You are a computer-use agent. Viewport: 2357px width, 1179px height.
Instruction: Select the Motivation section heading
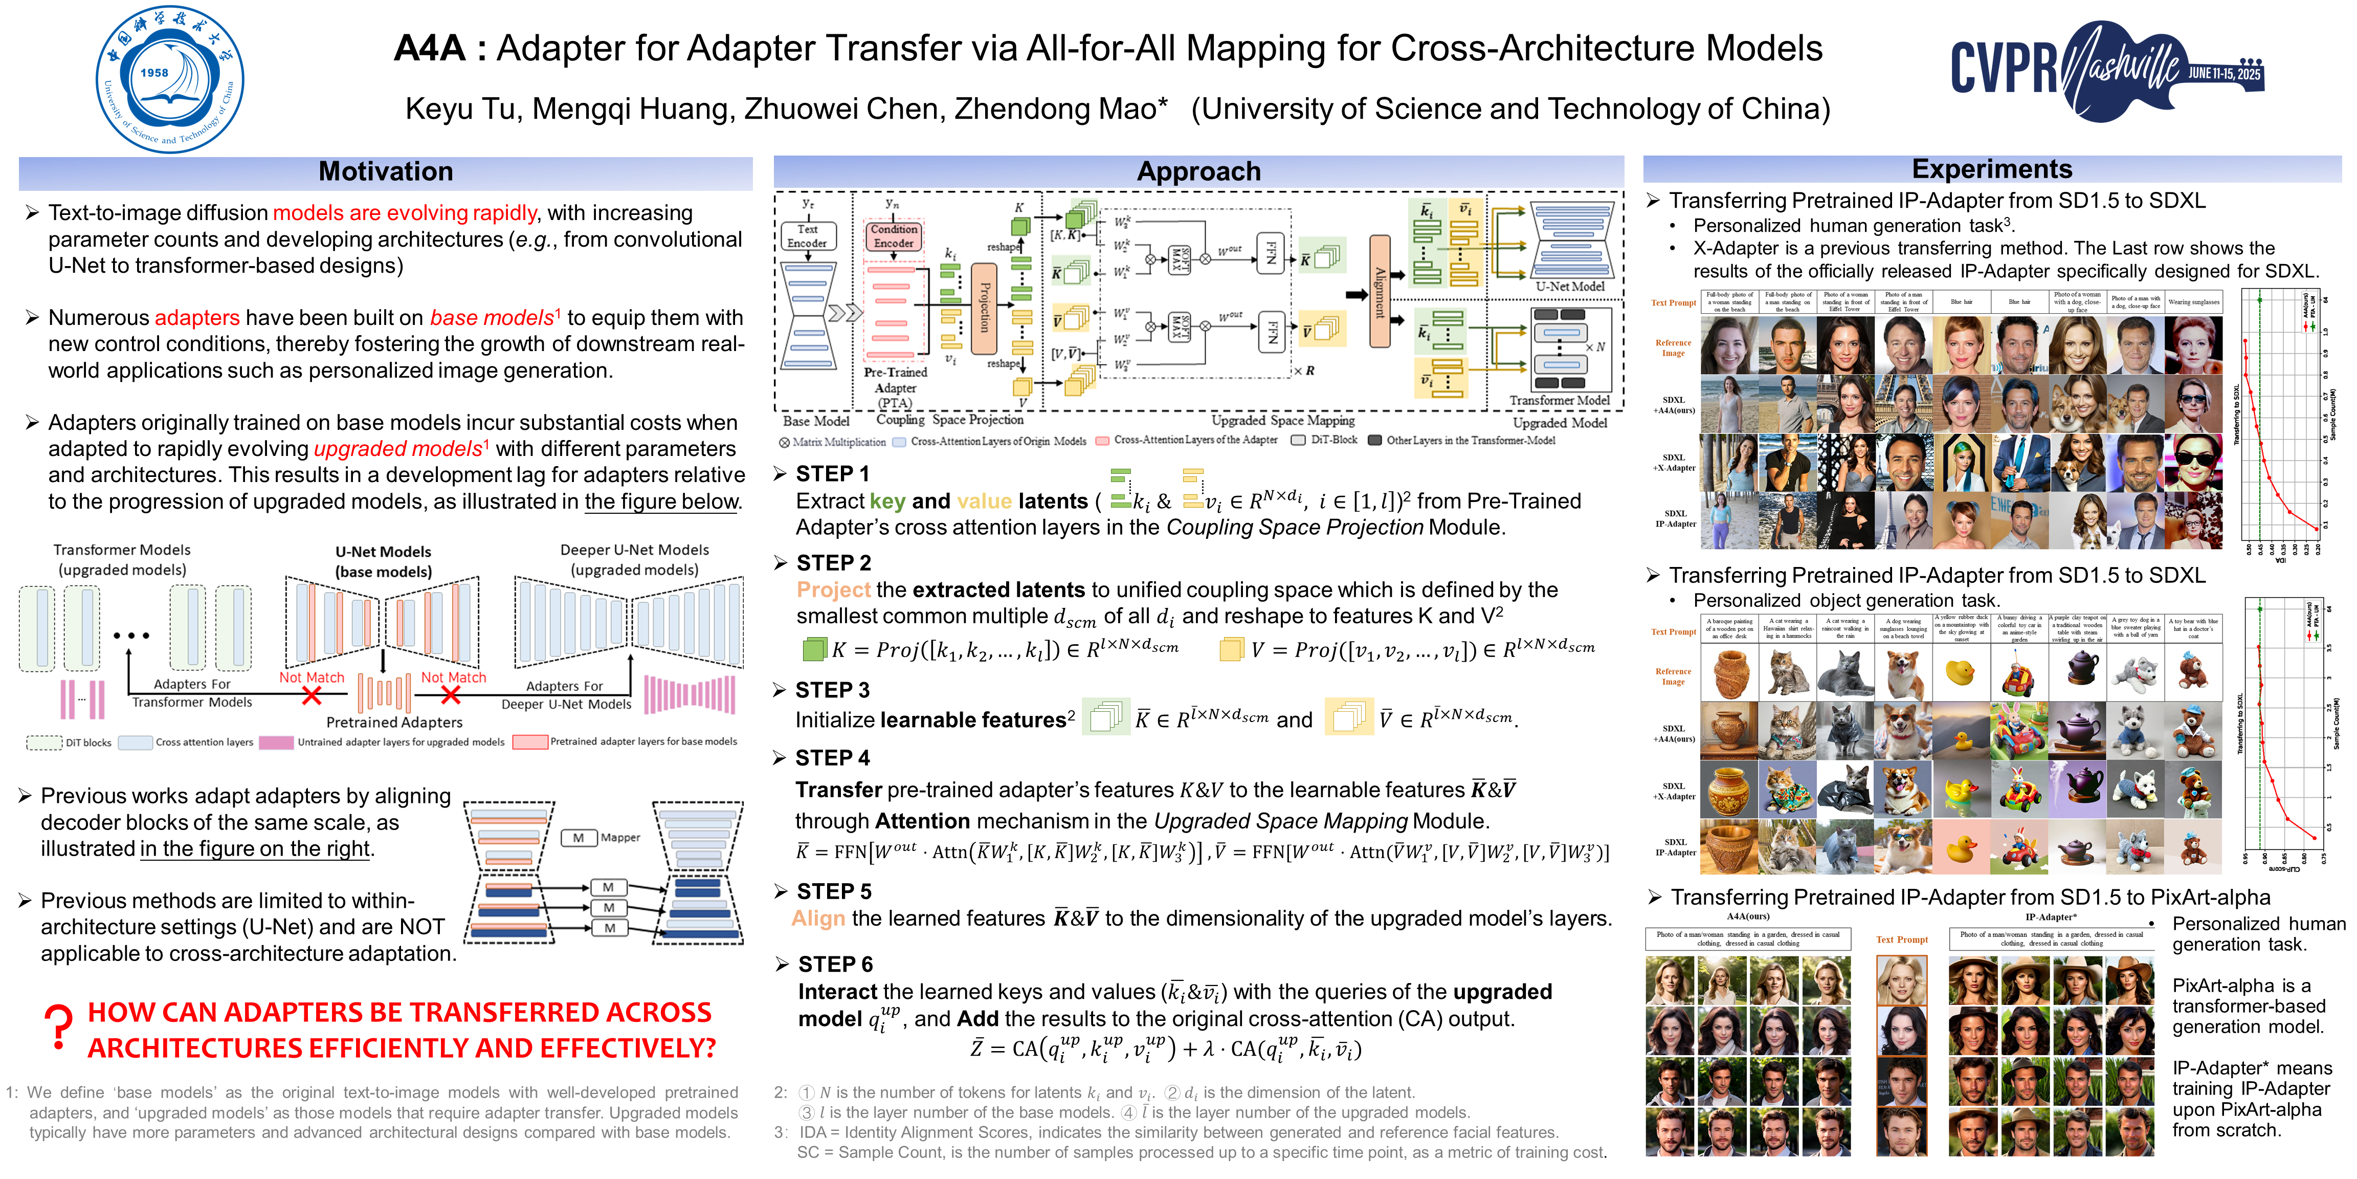pyautogui.click(x=385, y=172)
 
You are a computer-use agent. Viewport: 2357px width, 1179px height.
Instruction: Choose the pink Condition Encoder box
pyautogui.click(x=893, y=236)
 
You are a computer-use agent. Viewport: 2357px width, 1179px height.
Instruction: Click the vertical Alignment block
pyautogui.click(x=1379, y=291)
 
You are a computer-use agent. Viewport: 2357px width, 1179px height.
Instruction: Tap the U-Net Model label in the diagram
pyautogui.click(x=1569, y=287)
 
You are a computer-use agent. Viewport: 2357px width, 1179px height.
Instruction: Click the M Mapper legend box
pyautogui.click(x=579, y=838)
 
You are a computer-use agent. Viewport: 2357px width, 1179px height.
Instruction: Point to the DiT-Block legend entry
pyautogui.click(x=1324, y=440)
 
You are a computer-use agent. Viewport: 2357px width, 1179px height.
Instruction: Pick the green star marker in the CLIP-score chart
pyautogui.click(x=2259, y=609)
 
